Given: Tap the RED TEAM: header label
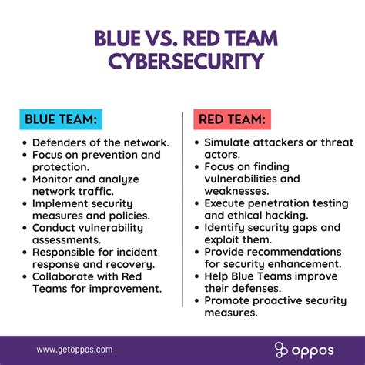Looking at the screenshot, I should [x=233, y=120].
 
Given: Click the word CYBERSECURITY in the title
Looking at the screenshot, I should [x=182, y=61].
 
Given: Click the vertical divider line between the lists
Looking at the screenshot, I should [x=182, y=208].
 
